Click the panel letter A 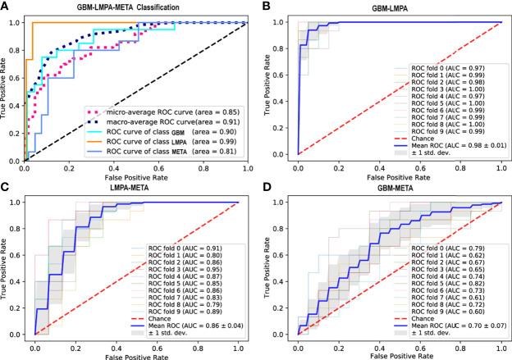pyautogui.click(x=7, y=7)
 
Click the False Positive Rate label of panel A pyautogui.click(x=136, y=175)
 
